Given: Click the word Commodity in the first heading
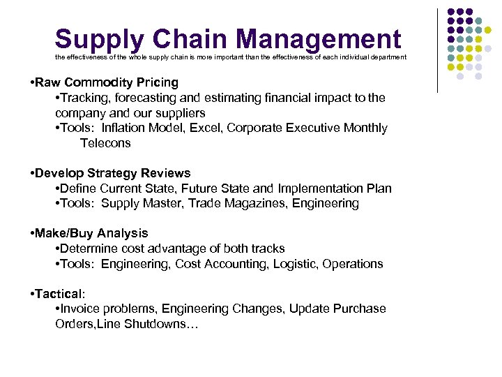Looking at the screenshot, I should [104, 83].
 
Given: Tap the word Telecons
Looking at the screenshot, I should [105, 143].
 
